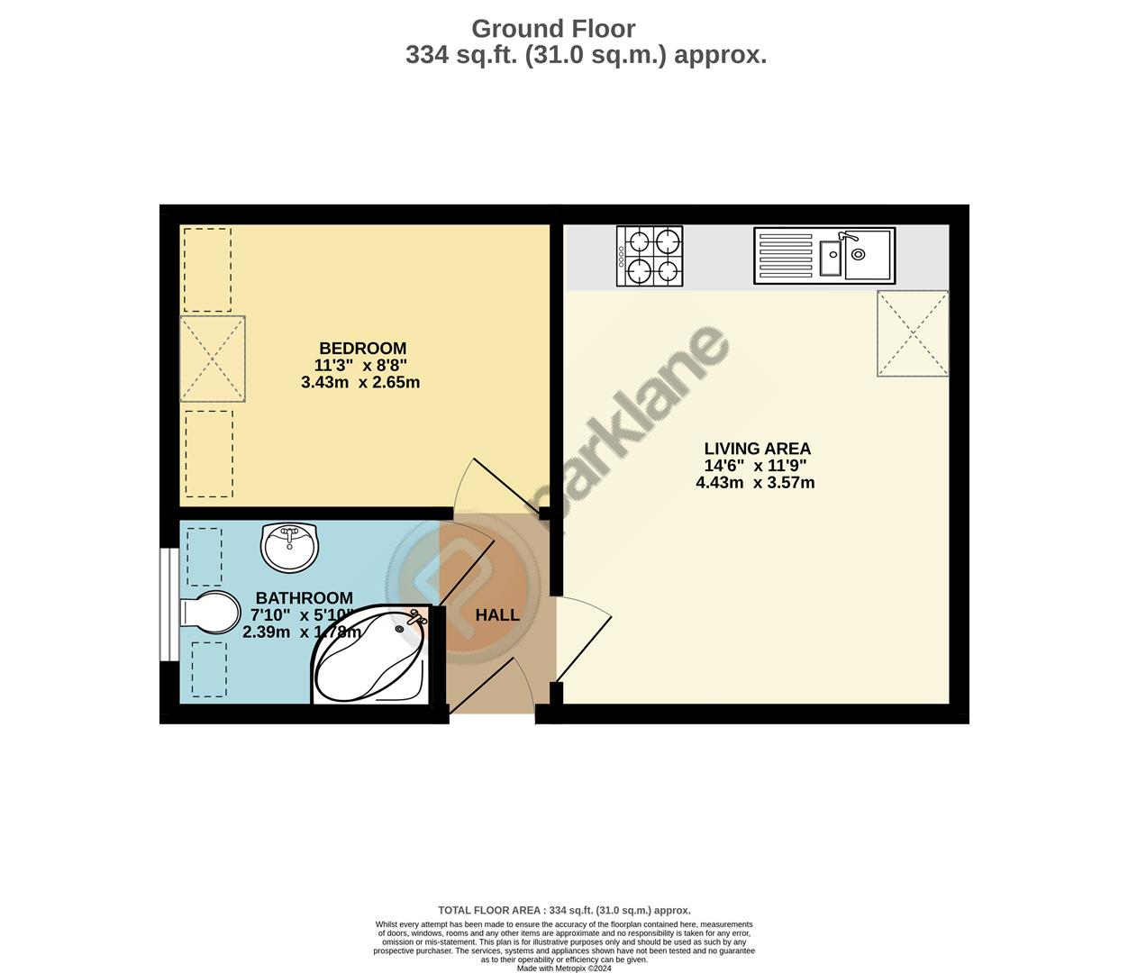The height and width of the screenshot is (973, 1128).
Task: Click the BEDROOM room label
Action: pos(362,349)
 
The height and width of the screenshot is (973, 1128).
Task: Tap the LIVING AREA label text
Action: pos(757,449)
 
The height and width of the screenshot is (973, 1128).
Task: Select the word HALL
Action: pos(497,615)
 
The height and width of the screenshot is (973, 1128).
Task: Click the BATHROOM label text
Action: pos(304,598)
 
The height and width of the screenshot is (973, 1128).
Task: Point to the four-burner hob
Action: pos(650,256)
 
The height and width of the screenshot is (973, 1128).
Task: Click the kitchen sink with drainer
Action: pos(824,256)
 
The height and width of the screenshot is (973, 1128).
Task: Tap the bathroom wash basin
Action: pos(289,546)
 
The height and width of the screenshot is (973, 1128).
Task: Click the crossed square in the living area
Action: pos(913,333)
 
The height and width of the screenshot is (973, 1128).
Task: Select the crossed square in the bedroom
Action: pos(213,359)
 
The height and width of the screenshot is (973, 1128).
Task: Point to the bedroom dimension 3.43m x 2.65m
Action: pos(360,382)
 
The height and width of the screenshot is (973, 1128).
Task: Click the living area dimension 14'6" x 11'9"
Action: pos(755,466)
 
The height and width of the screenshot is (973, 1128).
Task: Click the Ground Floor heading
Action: pos(553,29)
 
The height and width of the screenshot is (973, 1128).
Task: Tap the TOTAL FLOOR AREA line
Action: pos(564,910)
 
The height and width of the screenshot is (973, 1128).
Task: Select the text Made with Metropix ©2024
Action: pos(564,968)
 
